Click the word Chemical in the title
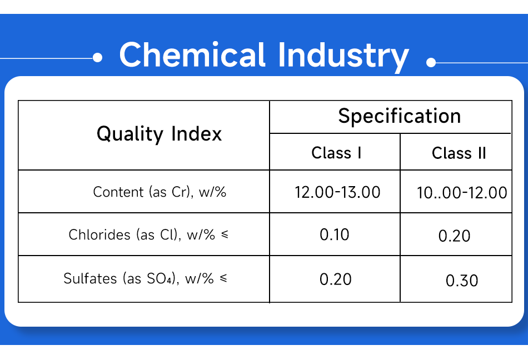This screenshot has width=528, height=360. click(193, 54)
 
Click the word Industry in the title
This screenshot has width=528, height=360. click(343, 57)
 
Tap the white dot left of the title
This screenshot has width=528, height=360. click(98, 58)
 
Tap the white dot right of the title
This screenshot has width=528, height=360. click(431, 62)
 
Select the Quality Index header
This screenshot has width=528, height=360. click(160, 134)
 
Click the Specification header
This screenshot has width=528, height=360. click(400, 117)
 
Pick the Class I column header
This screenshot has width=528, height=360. click(336, 153)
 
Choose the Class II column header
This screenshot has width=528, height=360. click(459, 153)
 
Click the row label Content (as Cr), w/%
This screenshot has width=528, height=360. click(160, 192)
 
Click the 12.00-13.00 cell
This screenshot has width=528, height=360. click(337, 192)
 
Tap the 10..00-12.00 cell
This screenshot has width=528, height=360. click(462, 193)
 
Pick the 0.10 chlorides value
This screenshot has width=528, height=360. click(335, 234)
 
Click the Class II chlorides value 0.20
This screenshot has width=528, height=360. click(454, 236)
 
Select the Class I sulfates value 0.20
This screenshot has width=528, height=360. click(335, 279)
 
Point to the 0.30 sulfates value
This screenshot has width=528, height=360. click(462, 281)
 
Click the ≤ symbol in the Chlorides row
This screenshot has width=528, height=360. click(225, 234)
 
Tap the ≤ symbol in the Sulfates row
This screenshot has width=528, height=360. click(223, 278)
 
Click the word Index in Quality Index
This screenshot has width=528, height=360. click(197, 134)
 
